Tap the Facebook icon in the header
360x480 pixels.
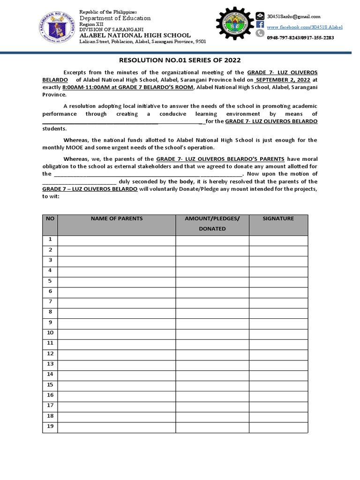tap(260, 27)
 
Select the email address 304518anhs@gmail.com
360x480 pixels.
tap(293, 16)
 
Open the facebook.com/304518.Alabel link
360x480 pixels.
tap(304, 27)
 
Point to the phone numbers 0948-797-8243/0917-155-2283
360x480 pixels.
tap(300, 37)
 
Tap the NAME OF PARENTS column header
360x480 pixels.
tap(116, 219)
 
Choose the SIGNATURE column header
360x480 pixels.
tap(278, 219)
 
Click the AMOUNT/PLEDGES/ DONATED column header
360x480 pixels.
tap(212, 224)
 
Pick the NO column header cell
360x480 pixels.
tap(50, 219)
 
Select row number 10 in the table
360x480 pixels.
tap(50, 333)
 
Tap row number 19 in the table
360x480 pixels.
tap(50, 426)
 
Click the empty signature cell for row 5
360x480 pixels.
tap(278, 281)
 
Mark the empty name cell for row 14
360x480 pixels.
tap(116, 375)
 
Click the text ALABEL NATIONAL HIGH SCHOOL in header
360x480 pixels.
tap(135, 35)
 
